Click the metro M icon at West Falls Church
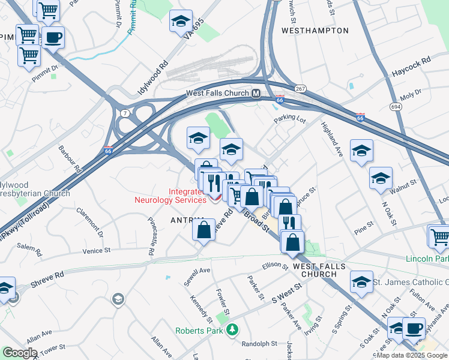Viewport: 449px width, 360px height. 256,94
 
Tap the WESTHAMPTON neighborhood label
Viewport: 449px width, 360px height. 315,30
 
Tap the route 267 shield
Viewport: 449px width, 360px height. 300,88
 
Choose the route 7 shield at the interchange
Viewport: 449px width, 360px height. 124,112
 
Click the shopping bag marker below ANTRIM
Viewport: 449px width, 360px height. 204,230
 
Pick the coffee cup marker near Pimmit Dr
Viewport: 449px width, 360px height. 53,38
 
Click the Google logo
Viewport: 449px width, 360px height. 20,352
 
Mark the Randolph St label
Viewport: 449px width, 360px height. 259,344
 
